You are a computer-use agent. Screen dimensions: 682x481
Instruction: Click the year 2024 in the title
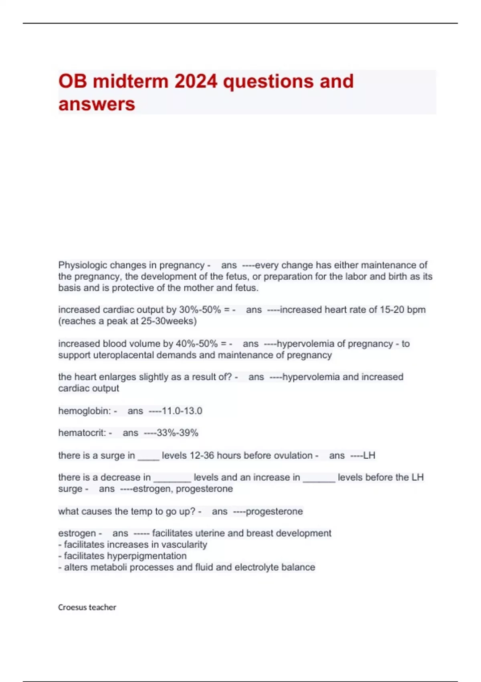coord(196,81)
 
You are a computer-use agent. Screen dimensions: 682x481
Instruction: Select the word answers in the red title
coord(97,104)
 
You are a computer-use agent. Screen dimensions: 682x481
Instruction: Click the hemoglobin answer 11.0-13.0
coord(182,411)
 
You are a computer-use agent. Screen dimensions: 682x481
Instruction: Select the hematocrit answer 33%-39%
coord(178,433)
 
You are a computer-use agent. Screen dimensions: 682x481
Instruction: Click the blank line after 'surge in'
coord(148,459)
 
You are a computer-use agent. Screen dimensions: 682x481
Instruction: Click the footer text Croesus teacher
coord(87,607)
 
